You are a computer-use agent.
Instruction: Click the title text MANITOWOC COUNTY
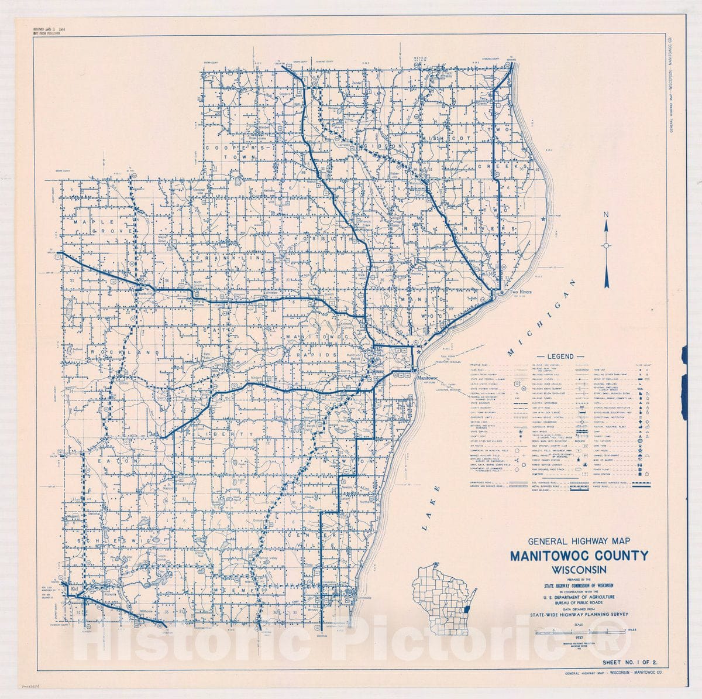(x=579, y=556)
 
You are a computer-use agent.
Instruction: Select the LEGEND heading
(x=560, y=356)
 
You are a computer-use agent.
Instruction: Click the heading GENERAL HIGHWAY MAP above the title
(x=579, y=542)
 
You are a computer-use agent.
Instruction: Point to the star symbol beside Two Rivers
(x=501, y=292)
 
